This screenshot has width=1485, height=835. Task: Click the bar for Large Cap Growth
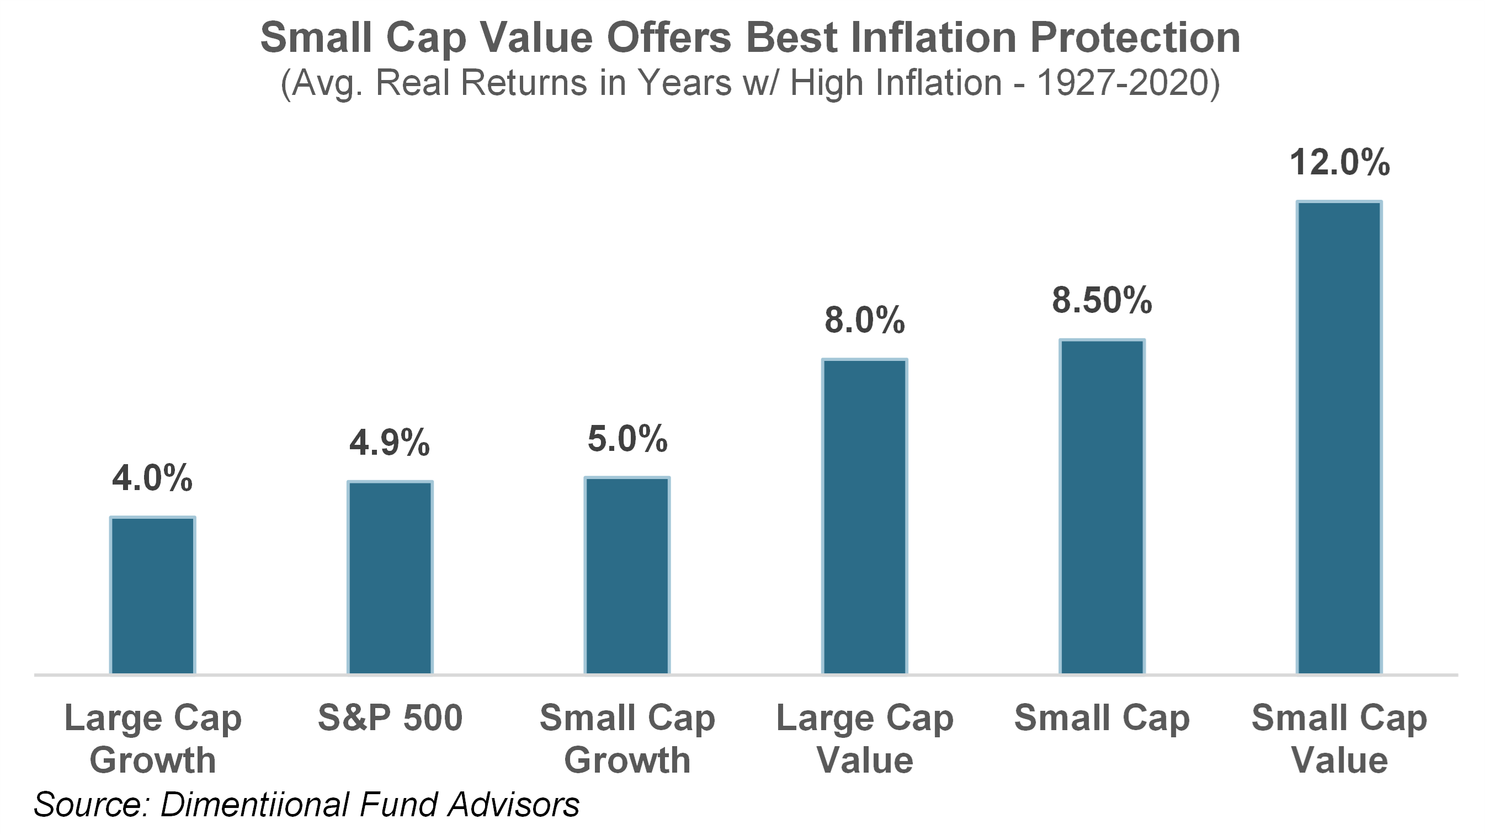tap(153, 595)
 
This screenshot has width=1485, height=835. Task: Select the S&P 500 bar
tap(390, 577)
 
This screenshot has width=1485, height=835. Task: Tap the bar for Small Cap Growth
tap(627, 576)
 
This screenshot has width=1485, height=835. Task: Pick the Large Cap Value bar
tap(865, 516)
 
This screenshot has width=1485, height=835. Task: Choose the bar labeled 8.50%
tap(1102, 506)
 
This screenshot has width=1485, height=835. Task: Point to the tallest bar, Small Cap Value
tap(1339, 437)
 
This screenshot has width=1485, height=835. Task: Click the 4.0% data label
tap(152, 478)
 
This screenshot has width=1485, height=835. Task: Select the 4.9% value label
tap(390, 443)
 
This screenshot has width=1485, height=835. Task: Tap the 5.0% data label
tap(627, 439)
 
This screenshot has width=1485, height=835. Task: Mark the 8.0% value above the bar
tap(865, 321)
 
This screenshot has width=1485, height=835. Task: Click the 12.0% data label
tap(1340, 163)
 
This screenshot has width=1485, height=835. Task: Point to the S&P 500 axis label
tap(390, 718)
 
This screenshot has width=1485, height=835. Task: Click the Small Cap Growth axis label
tap(627, 739)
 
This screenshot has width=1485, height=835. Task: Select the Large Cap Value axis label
tap(865, 739)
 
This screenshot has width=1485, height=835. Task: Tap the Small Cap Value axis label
tap(1339, 739)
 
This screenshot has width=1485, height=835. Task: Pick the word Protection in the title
tap(1135, 38)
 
